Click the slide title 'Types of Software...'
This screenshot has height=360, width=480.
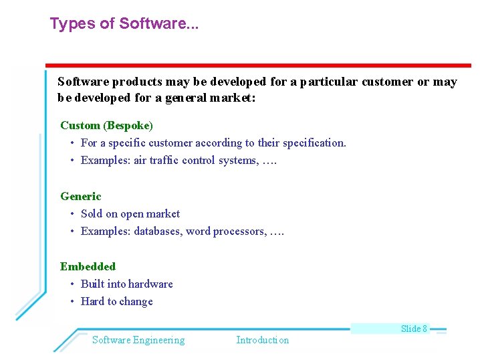point(124,24)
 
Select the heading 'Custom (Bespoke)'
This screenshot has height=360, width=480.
point(106,125)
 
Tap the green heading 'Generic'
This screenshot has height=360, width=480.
point(80,196)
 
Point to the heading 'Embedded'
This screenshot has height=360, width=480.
point(88,266)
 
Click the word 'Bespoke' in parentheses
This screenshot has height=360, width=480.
point(129,125)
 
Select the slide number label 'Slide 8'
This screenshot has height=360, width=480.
point(414,328)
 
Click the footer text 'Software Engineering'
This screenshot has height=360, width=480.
point(138,340)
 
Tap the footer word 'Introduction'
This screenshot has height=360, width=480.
point(262,340)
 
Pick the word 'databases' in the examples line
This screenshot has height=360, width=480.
point(158,231)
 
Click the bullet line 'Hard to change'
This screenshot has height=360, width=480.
point(116,301)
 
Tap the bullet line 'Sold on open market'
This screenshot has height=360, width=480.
point(130,213)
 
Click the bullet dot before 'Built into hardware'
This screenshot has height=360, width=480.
point(72,284)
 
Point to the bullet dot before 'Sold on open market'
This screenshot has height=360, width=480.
point(72,213)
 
